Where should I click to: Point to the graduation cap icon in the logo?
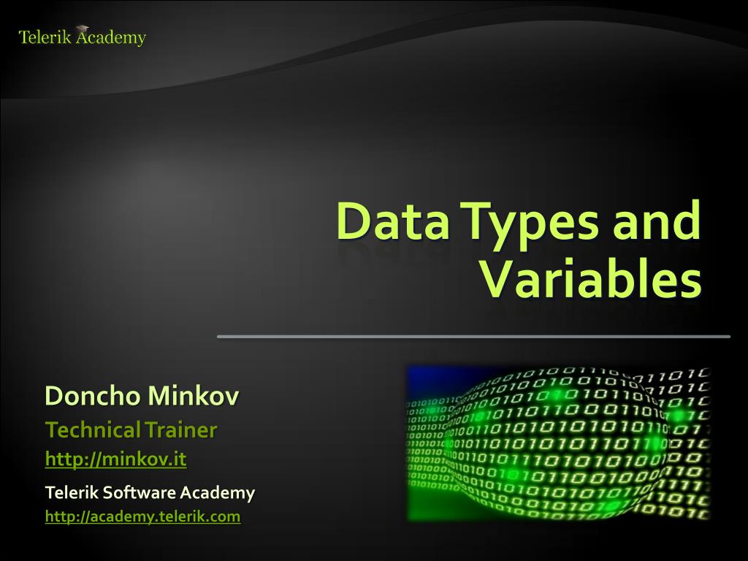coord(82,28)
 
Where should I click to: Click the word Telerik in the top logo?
coord(45,37)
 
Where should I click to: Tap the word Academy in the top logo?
coord(110,38)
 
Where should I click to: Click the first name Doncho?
coord(93,396)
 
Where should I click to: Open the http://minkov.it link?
coord(115,459)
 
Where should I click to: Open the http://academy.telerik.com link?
coord(142,516)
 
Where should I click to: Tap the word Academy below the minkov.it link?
coord(218,493)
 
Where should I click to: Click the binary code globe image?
coord(559,443)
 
